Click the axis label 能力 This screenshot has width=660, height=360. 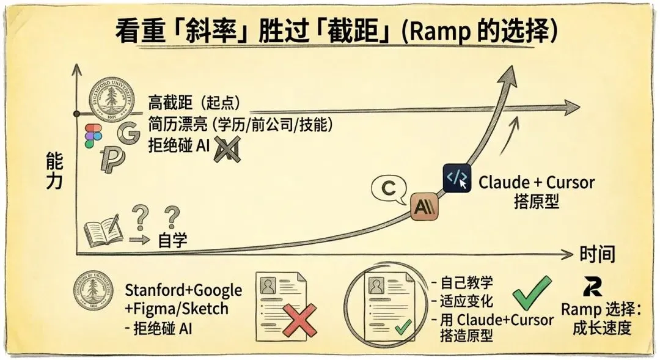point(54,172)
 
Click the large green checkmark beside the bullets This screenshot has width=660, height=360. point(531,292)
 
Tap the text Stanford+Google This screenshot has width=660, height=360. point(183,290)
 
